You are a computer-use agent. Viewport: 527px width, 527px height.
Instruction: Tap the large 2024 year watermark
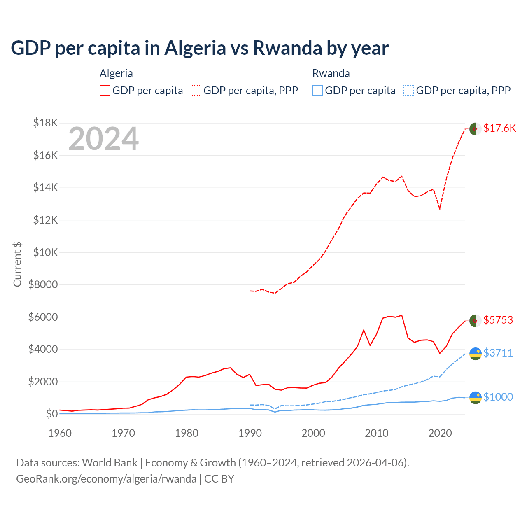103,139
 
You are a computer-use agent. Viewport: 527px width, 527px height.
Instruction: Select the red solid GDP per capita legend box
105,91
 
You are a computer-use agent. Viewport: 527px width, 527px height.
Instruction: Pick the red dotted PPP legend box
196,91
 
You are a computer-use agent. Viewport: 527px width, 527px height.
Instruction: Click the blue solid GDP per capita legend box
317,91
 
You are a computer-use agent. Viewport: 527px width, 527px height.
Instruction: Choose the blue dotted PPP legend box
409,91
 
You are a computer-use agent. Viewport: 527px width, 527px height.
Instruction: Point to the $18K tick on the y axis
46,123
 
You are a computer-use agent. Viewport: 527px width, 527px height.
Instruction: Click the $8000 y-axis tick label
43,284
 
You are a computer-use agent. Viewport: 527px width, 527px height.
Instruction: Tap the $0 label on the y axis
51,414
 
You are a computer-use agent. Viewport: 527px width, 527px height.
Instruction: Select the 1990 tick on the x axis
250,433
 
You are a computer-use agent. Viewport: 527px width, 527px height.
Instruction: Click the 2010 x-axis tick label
377,433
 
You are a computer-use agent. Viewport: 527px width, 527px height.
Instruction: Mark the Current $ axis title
17,264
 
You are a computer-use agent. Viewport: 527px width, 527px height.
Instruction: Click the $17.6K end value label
499,128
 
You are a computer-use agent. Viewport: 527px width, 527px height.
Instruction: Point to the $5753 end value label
498,320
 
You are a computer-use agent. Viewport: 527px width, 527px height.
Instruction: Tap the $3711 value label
498,353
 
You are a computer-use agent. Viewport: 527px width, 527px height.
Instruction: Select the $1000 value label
498,397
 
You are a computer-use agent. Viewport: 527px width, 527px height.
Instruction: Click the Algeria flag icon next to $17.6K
476,129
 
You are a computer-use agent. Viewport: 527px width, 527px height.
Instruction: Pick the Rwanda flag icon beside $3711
476,354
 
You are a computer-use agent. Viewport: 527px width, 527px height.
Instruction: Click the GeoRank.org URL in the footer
106,479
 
